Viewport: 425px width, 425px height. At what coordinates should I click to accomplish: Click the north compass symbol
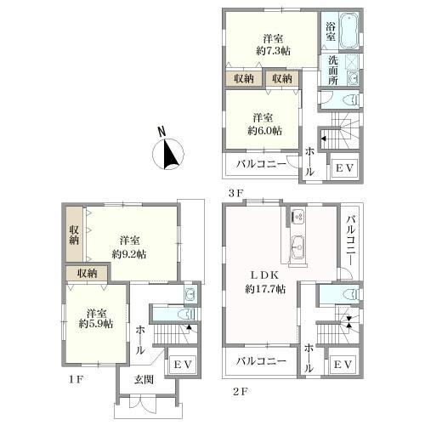[x=168, y=154]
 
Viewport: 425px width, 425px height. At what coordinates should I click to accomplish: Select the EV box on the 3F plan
[x=344, y=167]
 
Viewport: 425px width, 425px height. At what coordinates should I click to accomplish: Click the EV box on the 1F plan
[x=183, y=365]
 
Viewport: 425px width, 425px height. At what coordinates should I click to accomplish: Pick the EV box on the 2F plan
[x=343, y=365]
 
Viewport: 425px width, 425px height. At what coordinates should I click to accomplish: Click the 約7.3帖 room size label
[x=273, y=51]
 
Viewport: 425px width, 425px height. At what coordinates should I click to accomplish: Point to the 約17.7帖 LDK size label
[x=265, y=289]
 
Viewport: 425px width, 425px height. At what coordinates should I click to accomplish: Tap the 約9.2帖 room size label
[x=129, y=254]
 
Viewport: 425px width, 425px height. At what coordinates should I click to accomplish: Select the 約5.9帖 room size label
[x=96, y=324]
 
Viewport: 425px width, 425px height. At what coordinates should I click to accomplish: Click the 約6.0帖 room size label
[x=265, y=131]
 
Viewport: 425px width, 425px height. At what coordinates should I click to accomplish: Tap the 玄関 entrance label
[x=144, y=380]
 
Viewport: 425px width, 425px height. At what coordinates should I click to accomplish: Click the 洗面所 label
[x=333, y=71]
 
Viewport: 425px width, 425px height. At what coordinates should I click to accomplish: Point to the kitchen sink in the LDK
[x=298, y=247]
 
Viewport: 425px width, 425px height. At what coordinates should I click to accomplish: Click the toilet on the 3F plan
[x=351, y=99]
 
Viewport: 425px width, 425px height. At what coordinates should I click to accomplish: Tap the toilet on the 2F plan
[x=351, y=294]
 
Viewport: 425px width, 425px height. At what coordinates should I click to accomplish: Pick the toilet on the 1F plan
[x=187, y=314]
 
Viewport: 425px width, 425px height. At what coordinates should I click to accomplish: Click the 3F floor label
[x=236, y=193]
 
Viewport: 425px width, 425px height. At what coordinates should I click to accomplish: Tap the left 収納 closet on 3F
[x=244, y=78]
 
